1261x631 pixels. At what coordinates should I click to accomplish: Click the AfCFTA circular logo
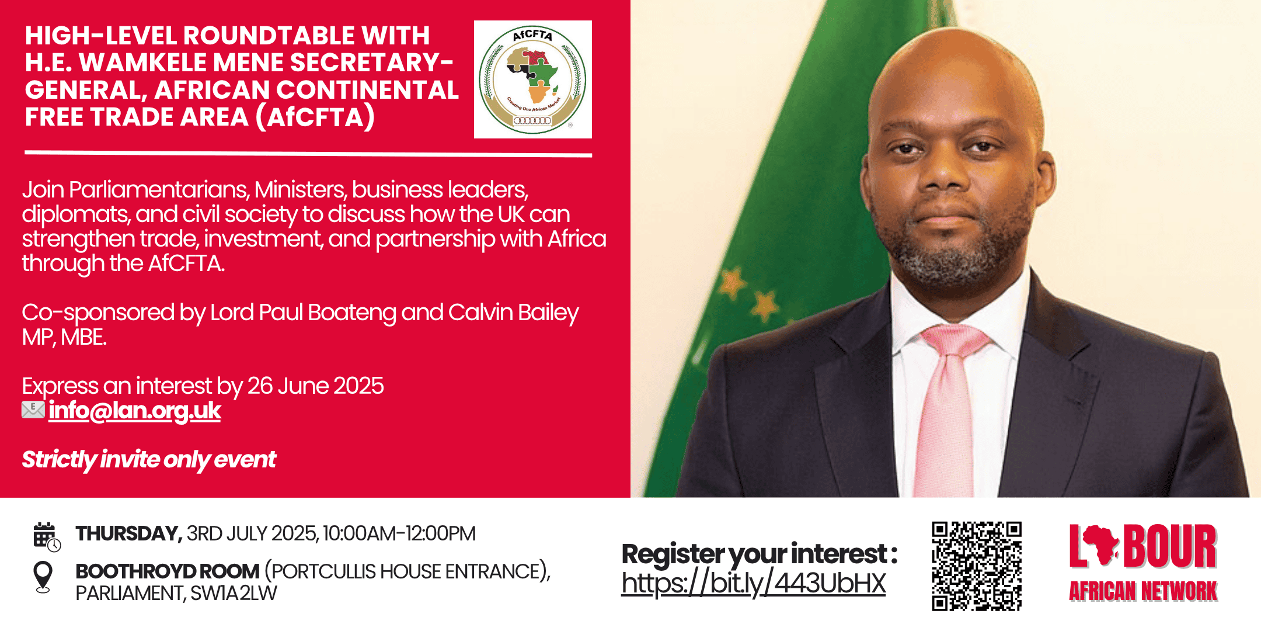click(532, 79)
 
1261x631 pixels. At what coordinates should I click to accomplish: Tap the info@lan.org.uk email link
click(135, 411)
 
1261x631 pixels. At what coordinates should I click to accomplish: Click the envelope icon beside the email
click(33, 410)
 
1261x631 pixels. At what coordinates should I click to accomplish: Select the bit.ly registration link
click(754, 584)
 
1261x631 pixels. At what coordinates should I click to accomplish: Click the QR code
click(977, 566)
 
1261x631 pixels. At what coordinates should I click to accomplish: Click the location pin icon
click(43, 577)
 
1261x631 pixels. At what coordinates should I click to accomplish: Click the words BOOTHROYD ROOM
click(168, 571)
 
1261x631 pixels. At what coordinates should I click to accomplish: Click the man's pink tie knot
click(954, 341)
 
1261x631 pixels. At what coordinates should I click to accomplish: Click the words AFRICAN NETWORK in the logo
click(1143, 591)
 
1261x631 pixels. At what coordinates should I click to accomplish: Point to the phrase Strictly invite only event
click(149, 460)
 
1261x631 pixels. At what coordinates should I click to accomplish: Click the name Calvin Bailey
click(513, 313)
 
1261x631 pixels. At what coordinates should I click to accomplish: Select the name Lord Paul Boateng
click(303, 313)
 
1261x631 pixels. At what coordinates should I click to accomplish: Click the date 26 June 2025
click(315, 386)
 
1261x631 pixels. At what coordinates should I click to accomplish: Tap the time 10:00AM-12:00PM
click(399, 534)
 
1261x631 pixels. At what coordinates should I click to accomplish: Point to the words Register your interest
click(754, 554)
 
